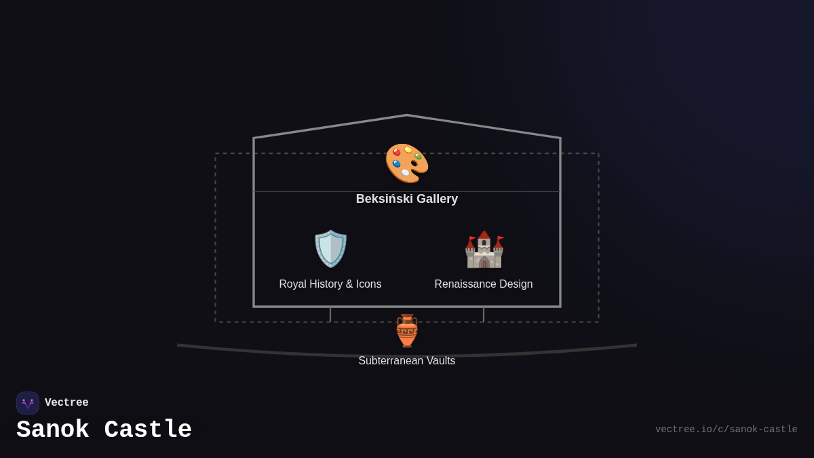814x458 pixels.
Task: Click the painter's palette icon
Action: pos(407,164)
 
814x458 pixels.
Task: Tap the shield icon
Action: pos(330,249)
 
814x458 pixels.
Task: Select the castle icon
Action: pos(484,250)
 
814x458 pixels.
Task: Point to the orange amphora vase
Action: pos(407,331)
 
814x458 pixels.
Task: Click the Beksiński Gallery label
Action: pos(407,199)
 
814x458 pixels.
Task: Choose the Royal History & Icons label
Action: pos(330,284)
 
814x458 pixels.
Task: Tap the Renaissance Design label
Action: pos(484,284)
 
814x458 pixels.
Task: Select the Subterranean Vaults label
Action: pos(407,360)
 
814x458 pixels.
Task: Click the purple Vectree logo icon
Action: pos(28,403)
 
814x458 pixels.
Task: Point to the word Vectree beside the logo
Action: pos(66,402)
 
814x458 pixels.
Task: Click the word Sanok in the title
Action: pos(53,430)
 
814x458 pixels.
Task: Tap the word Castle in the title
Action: pos(148,430)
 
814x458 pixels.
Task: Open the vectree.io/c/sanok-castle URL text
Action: pos(726,430)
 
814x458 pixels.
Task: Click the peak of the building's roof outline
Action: pos(407,115)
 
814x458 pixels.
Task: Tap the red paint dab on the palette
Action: pos(397,152)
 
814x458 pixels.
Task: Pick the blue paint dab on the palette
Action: pos(396,164)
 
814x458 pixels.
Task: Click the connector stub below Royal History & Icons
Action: pos(330,315)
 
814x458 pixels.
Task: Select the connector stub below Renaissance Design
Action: pos(484,315)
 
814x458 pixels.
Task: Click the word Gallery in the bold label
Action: pos(437,199)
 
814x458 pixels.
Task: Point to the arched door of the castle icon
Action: pos(484,263)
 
